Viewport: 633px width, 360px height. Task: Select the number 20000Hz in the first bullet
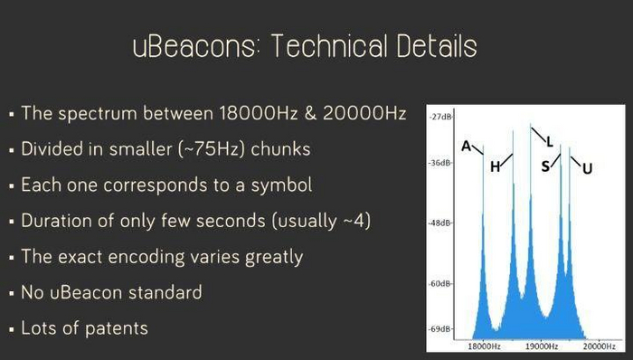[x=364, y=113]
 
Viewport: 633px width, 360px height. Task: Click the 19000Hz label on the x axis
[x=541, y=346]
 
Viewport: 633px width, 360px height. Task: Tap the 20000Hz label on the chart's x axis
[x=599, y=346]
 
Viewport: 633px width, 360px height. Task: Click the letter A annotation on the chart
[x=467, y=147]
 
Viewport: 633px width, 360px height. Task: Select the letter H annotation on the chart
[x=495, y=166]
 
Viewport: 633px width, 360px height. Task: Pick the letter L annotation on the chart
[x=550, y=142]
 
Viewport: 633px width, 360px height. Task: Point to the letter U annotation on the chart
[x=588, y=168]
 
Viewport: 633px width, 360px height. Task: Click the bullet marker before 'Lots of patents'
[x=11, y=329]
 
